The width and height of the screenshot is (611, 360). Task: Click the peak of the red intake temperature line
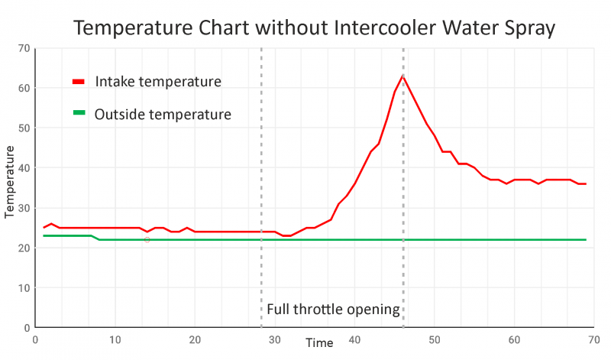pyautogui.click(x=402, y=76)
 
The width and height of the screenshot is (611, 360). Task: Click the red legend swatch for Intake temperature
pyautogui.click(x=78, y=82)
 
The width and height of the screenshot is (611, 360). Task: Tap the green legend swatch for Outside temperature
pyautogui.click(x=78, y=115)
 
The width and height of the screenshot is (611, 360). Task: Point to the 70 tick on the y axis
pyautogui.click(x=24, y=48)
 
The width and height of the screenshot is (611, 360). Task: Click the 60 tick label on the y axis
pyautogui.click(x=24, y=88)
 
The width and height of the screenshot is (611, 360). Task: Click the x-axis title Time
pyautogui.click(x=319, y=343)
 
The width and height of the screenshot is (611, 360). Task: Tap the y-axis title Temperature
pyautogui.click(x=10, y=181)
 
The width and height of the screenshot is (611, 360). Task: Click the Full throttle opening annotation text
pyautogui.click(x=333, y=310)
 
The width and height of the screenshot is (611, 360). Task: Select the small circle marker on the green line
pyautogui.click(x=147, y=240)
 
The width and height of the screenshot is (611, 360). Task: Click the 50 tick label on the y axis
pyautogui.click(x=24, y=128)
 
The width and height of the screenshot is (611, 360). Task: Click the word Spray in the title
pyautogui.click(x=528, y=28)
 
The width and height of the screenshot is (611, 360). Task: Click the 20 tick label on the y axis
pyautogui.click(x=24, y=248)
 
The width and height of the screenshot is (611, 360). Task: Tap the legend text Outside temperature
pyautogui.click(x=163, y=115)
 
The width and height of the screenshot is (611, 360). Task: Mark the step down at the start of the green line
pyautogui.click(x=95, y=238)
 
